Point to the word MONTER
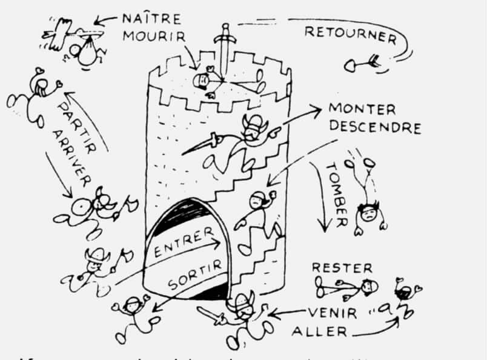(x=362, y=110)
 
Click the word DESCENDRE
(x=374, y=128)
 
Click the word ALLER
(x=319, y=331)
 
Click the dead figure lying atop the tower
(x=209, y=80)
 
